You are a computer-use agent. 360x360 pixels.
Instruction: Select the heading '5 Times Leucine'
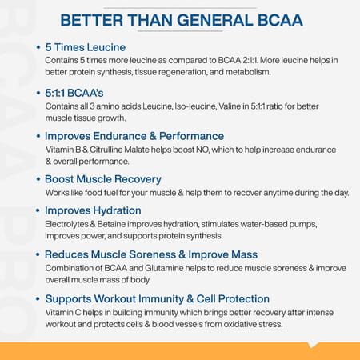pyautogui.click(x=86, y=48)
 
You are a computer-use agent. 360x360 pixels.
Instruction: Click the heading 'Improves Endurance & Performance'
pyautogui.click(x=134, y=136)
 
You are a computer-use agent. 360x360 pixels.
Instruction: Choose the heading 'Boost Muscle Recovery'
pyautogui.click(x=103, y=179)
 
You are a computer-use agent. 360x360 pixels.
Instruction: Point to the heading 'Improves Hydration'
pyautogui.click(x=94, y=210)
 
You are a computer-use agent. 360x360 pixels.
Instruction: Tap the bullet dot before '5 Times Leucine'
pyautogui.click(x=38, y=48)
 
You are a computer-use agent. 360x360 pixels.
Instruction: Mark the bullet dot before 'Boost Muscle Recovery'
pyautogui.click(x=38, y=179)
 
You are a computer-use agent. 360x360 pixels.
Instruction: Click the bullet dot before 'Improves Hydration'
pyautogui.click(x=38, y=210)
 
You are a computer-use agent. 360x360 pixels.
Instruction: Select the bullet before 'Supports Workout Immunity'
pyautogui.click(x=38, y=298)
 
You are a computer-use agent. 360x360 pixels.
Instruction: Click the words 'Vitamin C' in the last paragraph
pyautogui.click(x=63, y=312)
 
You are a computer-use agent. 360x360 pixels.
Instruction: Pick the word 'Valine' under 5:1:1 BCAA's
pyautogui.click(x=228, y=106)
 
